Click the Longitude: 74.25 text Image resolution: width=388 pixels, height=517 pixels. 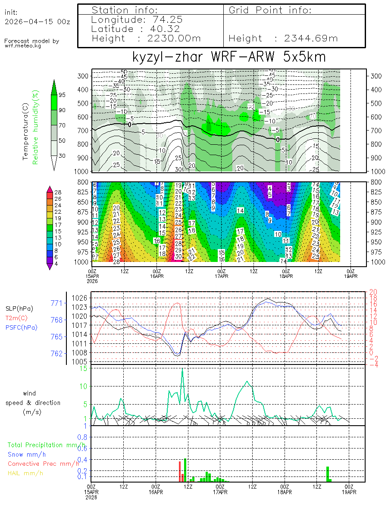[x=137, y=19]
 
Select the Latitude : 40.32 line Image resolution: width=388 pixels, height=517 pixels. [x=136, y=29]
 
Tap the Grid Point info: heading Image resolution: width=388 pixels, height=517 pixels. [x=270, y=10]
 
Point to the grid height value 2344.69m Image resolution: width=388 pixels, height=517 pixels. [x=311, y=38]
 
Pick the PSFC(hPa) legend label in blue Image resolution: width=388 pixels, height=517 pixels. [x=21, y=327]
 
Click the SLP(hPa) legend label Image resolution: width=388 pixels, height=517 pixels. [x=19, y=308]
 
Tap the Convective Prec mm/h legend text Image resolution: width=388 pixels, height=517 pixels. [x=43, y=464]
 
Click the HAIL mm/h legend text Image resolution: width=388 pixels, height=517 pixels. [x=26, y=473]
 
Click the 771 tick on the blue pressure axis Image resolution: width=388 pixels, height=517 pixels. [x=58, y=303]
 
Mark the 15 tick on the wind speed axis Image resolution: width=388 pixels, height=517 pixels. [x=83, y=368]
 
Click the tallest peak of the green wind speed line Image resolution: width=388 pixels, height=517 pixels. [x=182, y=369]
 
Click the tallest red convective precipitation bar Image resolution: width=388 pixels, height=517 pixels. [x=180, y=471]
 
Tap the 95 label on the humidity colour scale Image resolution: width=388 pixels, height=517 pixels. [x=62, y=95]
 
